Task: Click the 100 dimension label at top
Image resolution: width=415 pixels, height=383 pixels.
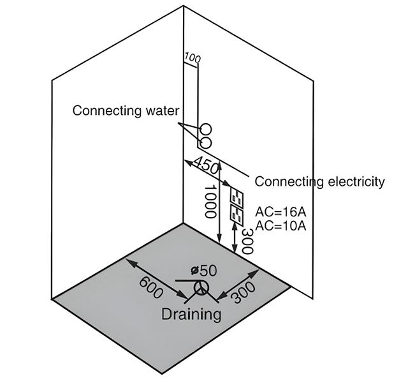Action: (x=192, y=59)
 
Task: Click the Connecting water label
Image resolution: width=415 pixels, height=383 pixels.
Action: (x=126, y=110)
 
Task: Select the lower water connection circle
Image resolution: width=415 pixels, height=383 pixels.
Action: (x=206, y=141)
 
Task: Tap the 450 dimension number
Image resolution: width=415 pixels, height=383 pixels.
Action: (x=206, y=165)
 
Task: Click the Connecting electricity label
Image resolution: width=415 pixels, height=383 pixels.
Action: (x=319, y=181)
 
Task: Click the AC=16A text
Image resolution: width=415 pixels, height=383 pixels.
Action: (x=279, y=212)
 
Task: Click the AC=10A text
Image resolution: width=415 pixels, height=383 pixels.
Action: (x=279, y=225)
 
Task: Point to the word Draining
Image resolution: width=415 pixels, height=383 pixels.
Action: (x=191, y=314)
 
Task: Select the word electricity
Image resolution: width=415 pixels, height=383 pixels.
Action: (x=354, y=181)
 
